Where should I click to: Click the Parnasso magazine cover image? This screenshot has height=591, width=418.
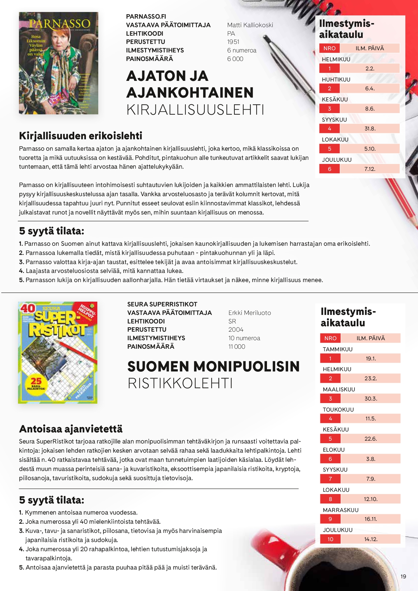pos(58,63)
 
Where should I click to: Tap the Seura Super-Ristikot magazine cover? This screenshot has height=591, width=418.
pos(58,353)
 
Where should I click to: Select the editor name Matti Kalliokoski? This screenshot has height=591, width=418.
pos(250,25)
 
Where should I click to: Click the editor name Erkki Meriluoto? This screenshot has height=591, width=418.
pos(250,313)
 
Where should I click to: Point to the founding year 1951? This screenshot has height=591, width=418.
pos(233,42)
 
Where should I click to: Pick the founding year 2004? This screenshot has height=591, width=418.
pos(236,330)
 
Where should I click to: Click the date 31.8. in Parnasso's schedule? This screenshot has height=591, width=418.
pos(370,129)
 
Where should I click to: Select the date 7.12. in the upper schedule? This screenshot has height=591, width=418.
pos(370,169)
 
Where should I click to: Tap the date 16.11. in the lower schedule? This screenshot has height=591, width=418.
pos(371,519)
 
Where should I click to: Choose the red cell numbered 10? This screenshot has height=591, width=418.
pos(330,539)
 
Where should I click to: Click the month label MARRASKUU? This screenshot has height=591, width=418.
pos(341,510)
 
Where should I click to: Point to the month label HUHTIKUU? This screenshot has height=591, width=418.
pos(336,80)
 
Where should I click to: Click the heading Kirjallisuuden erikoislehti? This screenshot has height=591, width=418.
pos(81,136)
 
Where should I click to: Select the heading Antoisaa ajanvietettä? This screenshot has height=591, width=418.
pos(71,429)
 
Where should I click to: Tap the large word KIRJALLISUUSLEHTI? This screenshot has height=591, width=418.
pos(195,110)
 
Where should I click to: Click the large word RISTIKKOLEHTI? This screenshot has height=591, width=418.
pos(180,383)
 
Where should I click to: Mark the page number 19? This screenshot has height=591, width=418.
pos(403,576)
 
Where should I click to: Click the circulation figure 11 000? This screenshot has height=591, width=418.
pos(237,347)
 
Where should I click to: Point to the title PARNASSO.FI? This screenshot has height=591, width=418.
pos(146,17)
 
